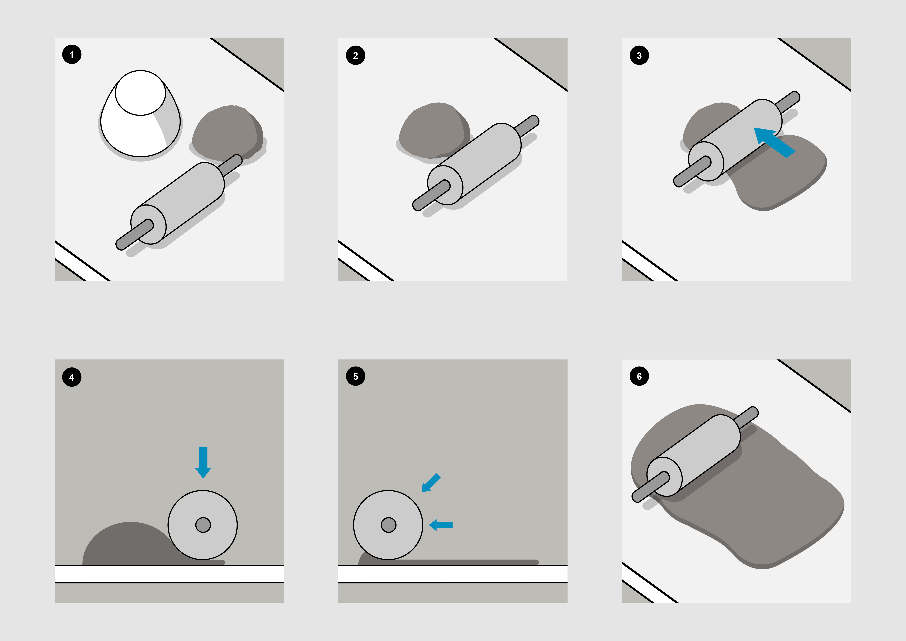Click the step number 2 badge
coord(356,55)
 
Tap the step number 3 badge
coord(639,55)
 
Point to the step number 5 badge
coord(356,376)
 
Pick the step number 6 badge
coord(639,376)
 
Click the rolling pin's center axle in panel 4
coord(203,525)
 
